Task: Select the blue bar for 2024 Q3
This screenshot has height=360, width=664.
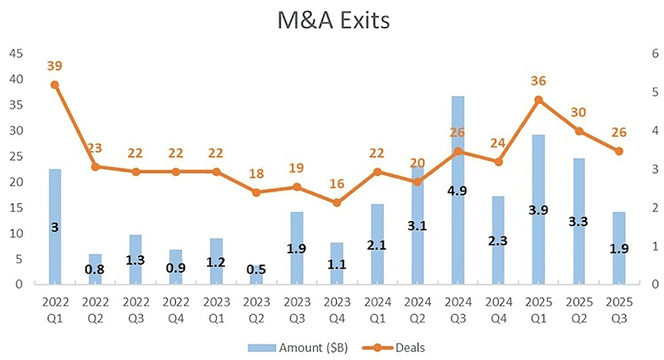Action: [458, 190]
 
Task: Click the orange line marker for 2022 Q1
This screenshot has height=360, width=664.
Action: [54, 85]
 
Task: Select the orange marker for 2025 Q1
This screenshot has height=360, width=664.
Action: [537, 100]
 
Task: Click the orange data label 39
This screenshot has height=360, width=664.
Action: [54, 66]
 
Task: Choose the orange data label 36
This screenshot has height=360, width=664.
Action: [537, 81]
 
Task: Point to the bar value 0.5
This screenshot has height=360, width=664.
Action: [256, 270]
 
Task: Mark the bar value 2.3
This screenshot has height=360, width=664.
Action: [498, 240]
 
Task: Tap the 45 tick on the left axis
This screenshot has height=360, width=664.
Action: [15, 53]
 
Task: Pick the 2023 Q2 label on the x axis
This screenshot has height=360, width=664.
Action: [256, 308]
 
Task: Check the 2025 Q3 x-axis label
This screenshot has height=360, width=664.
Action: [618, 308]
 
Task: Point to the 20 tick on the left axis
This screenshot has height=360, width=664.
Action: [15, 182]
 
